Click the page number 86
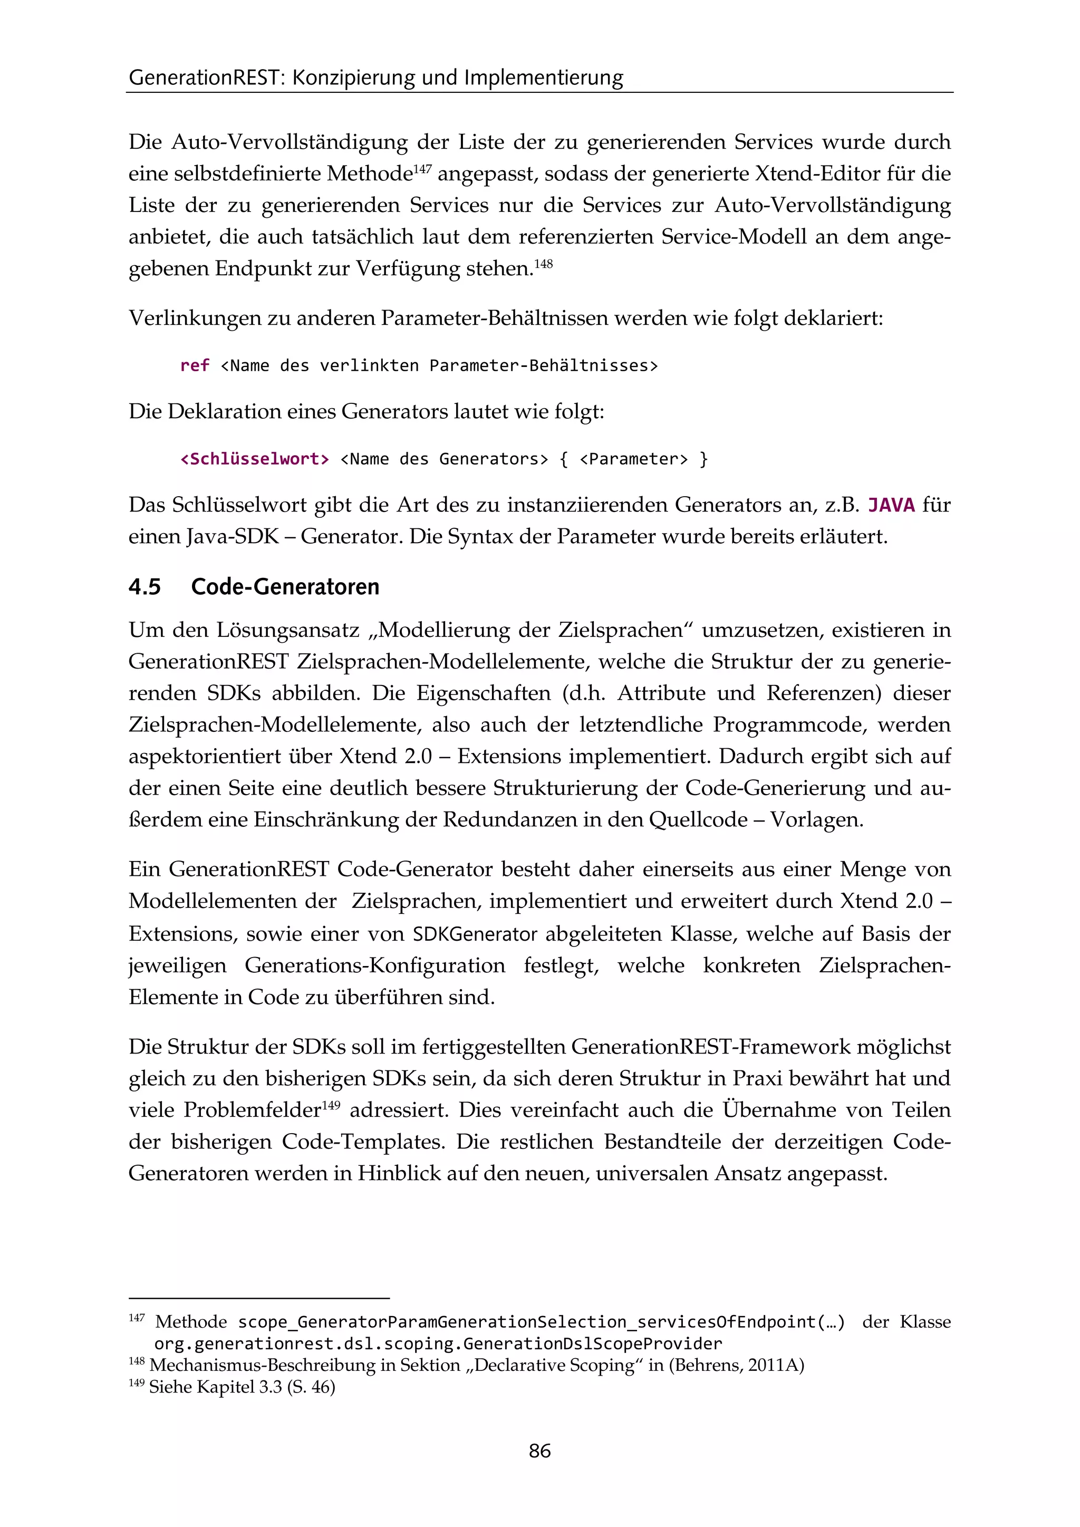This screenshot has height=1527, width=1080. pos(539,1451)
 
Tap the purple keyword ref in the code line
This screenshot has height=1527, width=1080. pos(194,366)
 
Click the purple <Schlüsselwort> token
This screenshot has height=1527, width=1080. pos(255,459)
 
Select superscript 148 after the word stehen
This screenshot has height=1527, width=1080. pos(543,264)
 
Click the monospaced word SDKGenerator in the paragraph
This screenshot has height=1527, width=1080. pos(475,934)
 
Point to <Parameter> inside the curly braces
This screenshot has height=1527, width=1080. pos(633,459)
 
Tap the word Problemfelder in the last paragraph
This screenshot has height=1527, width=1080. pos(252,1110)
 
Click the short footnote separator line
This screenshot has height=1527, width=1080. pos(259,1298)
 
